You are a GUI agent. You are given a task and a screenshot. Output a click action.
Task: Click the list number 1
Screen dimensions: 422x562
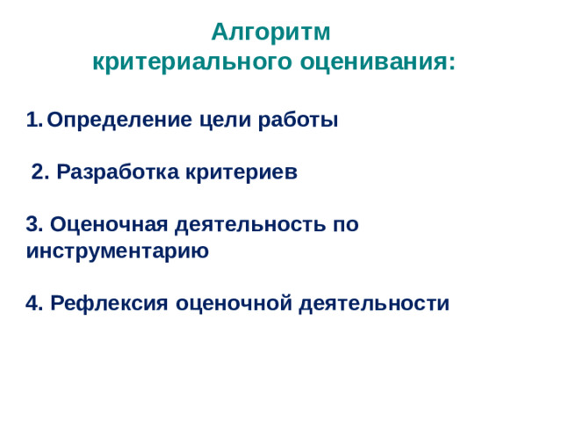(33, 120)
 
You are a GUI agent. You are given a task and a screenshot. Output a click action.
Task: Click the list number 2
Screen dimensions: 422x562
(40, 172)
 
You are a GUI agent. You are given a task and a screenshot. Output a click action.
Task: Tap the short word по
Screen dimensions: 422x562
(345, 224)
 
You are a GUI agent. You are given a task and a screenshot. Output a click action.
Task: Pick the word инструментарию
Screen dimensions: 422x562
(118, 251)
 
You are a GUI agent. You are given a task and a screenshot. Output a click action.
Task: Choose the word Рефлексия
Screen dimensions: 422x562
(110, 303)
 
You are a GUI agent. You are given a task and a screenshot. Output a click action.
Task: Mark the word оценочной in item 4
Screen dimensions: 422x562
(234, 303)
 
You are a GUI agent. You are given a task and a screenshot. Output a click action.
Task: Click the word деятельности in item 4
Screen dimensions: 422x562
(374, 303)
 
